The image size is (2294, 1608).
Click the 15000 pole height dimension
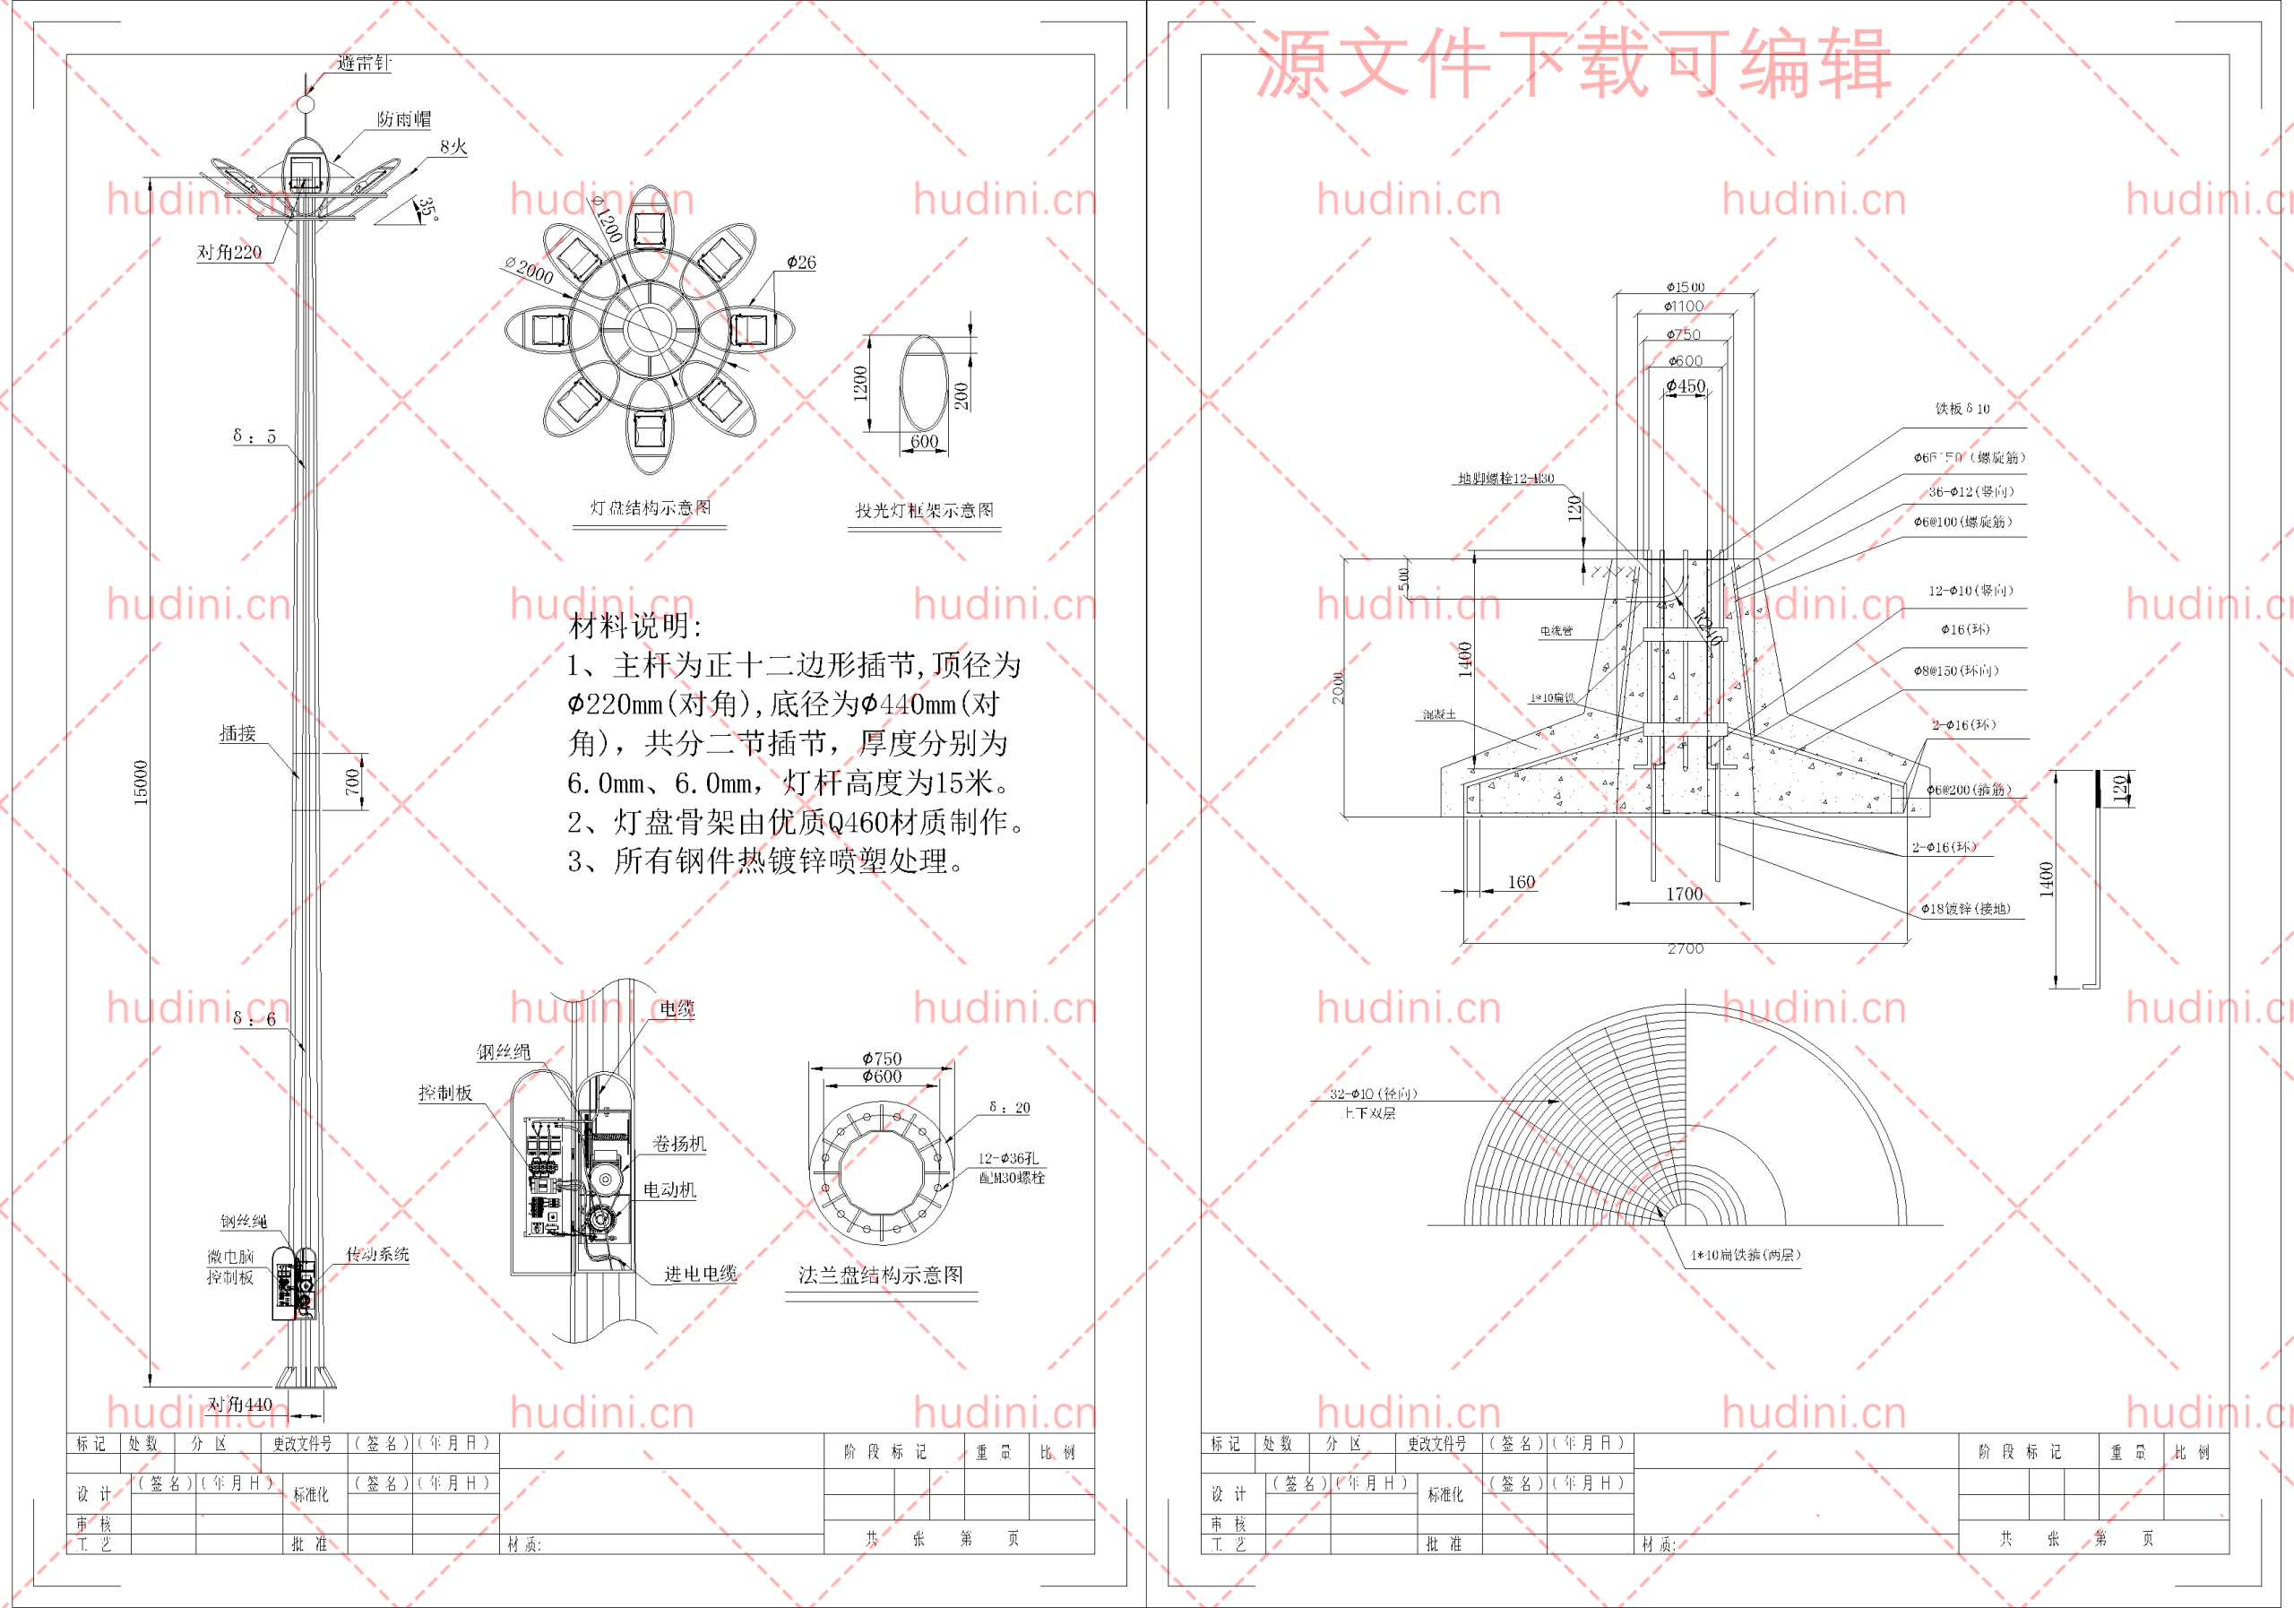141,782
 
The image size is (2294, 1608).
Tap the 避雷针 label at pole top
364,64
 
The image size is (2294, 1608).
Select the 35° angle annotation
427,209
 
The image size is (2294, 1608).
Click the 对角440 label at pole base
240,1405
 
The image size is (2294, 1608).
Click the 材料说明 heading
636,627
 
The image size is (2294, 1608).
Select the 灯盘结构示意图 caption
651,507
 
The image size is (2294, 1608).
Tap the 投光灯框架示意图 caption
924,511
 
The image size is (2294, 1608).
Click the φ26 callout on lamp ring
801,263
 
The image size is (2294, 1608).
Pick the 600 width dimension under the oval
924,442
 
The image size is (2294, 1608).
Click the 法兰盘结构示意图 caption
880,1275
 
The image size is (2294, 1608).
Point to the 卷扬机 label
679,1144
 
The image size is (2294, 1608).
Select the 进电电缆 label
701,1273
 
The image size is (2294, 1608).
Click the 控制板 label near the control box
445,1094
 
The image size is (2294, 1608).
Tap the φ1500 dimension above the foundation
1686,287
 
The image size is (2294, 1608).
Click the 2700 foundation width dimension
1686,948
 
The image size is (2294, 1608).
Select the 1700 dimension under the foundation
1685,894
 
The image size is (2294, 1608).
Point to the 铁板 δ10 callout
1962,409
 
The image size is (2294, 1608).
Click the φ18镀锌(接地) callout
1965,909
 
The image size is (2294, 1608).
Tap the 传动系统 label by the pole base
377,1254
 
